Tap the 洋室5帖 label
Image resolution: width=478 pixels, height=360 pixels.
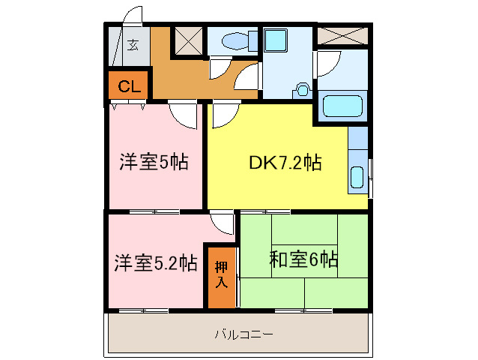(154, 162)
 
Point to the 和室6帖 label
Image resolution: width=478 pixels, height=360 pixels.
(303, 260)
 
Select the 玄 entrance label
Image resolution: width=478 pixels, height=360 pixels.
(133, 44)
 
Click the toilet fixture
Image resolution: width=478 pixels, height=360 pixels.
(232, 40)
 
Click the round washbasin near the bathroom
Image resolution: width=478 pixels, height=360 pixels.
(303, 89)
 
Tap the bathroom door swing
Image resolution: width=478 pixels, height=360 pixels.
(327, 64)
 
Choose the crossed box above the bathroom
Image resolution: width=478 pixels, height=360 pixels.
(342, 34)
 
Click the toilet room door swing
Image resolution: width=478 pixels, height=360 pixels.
(220, 67)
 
